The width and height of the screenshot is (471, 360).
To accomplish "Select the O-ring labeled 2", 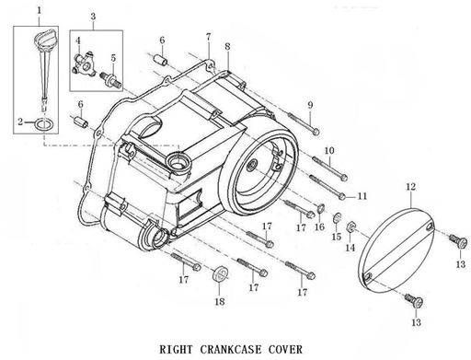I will click(41, 122).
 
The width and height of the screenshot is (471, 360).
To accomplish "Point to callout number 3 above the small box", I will click(94, 17).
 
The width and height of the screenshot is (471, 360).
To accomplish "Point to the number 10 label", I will click(328, 150).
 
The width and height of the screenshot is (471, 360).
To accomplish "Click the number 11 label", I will click(362, 196).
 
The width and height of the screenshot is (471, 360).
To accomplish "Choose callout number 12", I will click(410, 187).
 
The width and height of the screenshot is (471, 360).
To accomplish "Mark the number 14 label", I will click(350, 248).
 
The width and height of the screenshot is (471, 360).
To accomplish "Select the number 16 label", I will click(319, 226).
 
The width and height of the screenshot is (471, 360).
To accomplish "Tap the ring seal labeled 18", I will click(219, 275).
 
